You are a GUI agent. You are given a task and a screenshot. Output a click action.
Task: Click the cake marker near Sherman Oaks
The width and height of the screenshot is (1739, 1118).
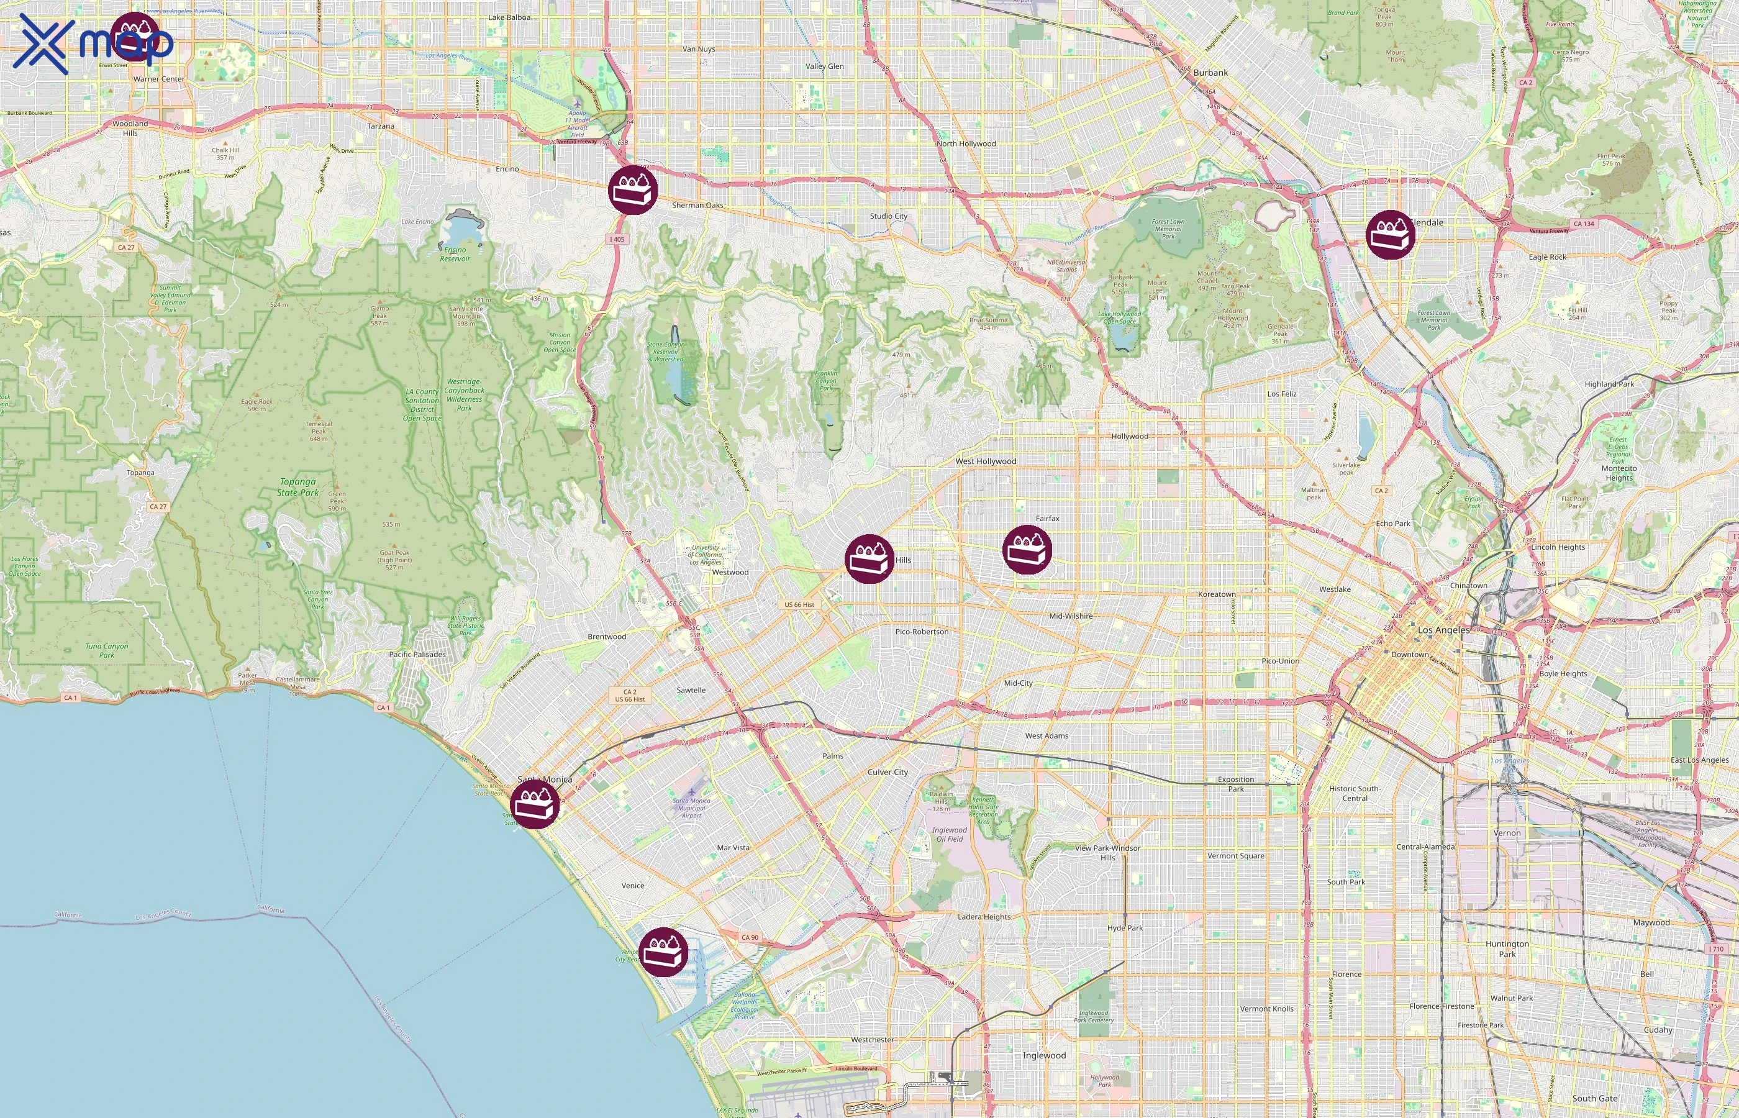coord(633,190)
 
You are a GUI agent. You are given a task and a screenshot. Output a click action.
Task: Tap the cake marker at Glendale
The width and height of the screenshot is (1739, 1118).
coord(1390,235)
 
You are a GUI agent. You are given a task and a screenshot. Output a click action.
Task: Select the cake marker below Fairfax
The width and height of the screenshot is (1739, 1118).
coord(1026,550)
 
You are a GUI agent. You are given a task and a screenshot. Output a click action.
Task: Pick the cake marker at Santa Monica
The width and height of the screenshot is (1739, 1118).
coord(534,804)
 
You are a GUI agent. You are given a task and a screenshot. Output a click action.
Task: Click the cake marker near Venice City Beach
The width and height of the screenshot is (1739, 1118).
coord(663,952)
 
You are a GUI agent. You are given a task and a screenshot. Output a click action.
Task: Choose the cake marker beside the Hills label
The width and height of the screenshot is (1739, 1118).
coord(869,558)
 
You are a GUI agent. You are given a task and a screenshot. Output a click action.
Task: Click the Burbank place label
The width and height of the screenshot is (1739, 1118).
coord(1210,73)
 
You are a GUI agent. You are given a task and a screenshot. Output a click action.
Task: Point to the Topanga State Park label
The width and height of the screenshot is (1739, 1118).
coord(297,487)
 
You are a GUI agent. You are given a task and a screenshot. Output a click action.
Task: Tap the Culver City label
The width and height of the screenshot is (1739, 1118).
coord(887,771)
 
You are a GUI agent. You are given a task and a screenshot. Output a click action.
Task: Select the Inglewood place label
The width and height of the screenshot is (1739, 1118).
coord(1043,1055)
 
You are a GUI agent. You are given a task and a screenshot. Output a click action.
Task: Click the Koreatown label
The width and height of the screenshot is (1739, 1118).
coord(1217,594)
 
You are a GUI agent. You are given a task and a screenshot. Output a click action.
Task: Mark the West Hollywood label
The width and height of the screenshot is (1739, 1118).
coord(985,461)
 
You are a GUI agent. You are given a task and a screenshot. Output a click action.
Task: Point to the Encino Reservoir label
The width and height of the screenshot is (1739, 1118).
coord(455,254)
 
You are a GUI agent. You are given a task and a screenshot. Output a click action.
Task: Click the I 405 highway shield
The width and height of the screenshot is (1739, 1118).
coord(616,239)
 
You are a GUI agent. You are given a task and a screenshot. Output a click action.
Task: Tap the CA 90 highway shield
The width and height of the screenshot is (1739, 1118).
coord(750,937)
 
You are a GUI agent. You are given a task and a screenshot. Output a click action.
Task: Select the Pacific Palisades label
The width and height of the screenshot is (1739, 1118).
coord(417,654)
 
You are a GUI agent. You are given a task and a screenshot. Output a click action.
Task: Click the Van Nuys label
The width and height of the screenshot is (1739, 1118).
coord(698,49)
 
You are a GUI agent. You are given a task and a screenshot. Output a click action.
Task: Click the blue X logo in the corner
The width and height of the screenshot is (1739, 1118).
coord(43,43)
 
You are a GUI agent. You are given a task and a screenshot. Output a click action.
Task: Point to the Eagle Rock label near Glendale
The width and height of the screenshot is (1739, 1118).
coord(1546,257)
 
